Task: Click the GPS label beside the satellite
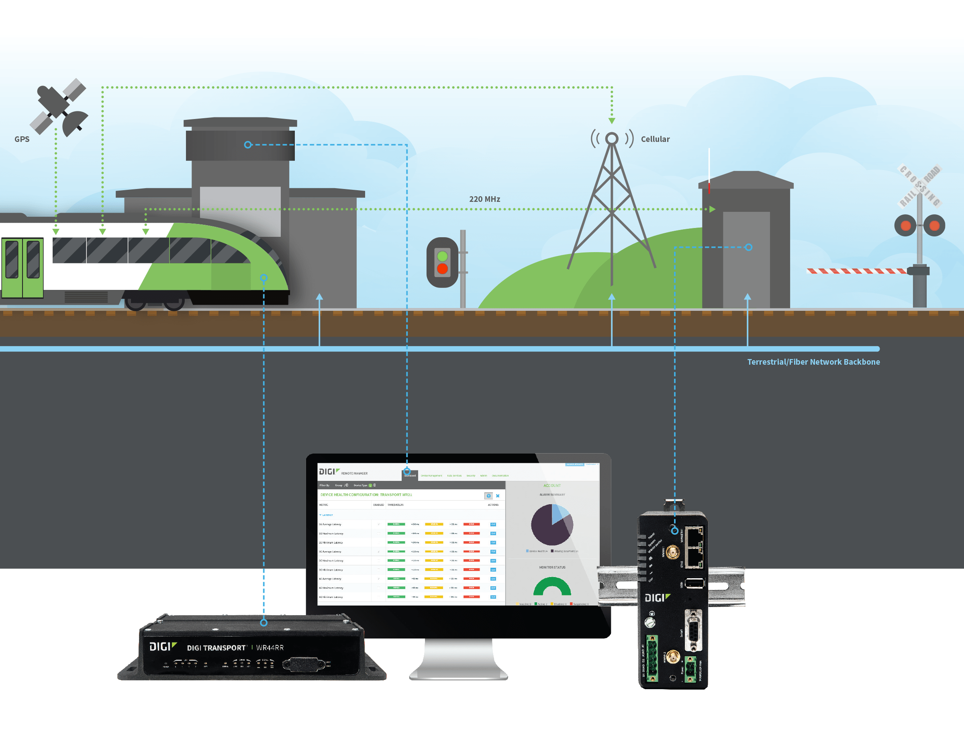(x=22, y=139)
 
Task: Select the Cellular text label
(x=655, y=139)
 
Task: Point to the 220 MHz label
(x=484, y=199)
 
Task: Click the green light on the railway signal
(x=442, y=256)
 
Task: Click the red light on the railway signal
(x=442, y=269)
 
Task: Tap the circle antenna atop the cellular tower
(x=611, y=139)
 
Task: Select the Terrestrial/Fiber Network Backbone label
(x=813, y=362)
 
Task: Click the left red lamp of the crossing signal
(x=905, y=226)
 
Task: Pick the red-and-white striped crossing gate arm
(x=856, y=271)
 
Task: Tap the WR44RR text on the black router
(x=270, y=647)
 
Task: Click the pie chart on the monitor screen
(x=552, y=525)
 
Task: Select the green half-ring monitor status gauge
(x=552, y=587)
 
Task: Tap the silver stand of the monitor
(x=458, y=659)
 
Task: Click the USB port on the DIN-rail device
(x=694, y=583)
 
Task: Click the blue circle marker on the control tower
(x=247, y=145)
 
